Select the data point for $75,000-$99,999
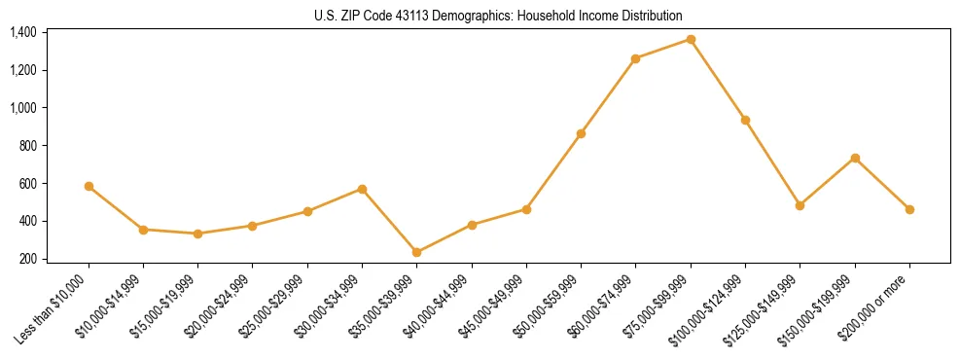click(691, 39)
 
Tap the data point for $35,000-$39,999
click(417, 252)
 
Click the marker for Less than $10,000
click(89, 186)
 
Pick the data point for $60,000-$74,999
click(635, 58)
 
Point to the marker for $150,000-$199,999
click(855, 158)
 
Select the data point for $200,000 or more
click(909, 209)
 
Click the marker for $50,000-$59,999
click(581, 133)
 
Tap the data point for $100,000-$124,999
click(745, 120)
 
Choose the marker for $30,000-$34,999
click(362, 189)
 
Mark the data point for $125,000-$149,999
click(800, 205)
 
